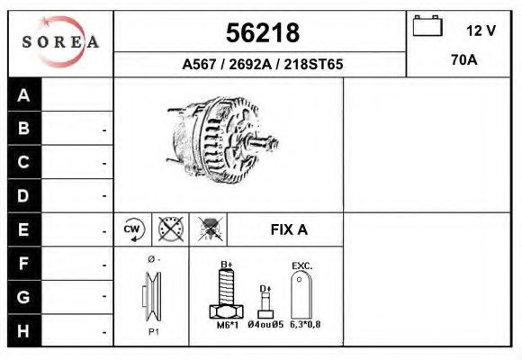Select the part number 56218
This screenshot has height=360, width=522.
pyautogui.click(x=261, y=32)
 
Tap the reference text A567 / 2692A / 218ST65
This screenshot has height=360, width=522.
pyautogui.click(x=261, y=65)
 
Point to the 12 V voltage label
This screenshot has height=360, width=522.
pyautogui.click(x=481, y=30)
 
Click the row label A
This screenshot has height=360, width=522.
pyautogui.click(x=24, y=95)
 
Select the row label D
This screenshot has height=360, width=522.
pyautogui.click(x=24, y=195)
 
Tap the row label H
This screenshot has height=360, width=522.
pyautogui.click(x=24, y=330)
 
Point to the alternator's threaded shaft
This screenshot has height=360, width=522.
pyautogui.click(x=262, y=142)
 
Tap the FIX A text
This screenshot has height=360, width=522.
pyautogui.click(x=289, y=229)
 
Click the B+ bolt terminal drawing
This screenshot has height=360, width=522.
pyautogui.click(x=226, y=292)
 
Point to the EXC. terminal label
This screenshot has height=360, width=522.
pyautogui.click(x=301, y=265)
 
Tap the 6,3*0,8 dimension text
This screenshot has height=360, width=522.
pyautogui.click(x=305, y=325)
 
